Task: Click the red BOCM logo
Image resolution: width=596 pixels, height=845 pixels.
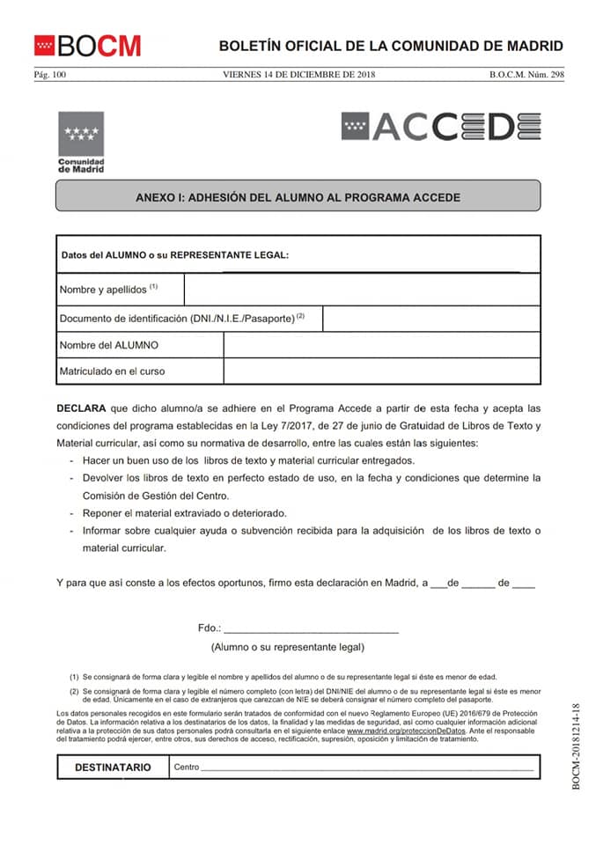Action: (x=87, y=45)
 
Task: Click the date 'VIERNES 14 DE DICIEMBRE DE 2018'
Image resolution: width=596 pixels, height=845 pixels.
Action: (x=299, y=75)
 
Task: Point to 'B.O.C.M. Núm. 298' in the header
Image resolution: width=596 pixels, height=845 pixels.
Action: (x=526, y=75)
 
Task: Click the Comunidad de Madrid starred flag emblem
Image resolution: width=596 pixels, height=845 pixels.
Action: (x=80, y=134)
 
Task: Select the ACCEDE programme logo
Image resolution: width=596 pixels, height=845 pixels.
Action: (x=440, y=127)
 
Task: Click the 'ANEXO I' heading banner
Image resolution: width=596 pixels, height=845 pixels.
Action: (x=298, y=197)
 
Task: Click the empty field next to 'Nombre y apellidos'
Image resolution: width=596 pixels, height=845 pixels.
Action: (x=361, y=289)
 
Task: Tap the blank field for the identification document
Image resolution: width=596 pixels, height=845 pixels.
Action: (x=430, y=318)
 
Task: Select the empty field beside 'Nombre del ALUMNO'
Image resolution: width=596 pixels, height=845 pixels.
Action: (x=381, y=345)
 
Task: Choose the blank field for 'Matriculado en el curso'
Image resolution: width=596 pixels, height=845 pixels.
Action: (x=381, y=371)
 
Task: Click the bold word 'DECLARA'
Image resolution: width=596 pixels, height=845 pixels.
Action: (x=81, y=409)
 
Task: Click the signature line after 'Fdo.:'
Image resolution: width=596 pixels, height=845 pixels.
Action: (x=312, y=628)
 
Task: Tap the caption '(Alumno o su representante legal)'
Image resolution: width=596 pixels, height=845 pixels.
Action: (x=287, y=647)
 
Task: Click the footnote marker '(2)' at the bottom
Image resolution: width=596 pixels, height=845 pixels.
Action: (x=75, y=692)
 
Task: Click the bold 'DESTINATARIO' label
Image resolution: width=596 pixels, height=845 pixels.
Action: (x=113, y=767)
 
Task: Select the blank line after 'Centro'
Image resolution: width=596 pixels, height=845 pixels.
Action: (x=367, y=768)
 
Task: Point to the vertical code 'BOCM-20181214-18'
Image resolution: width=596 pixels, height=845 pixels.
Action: (x=576, y=746)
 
